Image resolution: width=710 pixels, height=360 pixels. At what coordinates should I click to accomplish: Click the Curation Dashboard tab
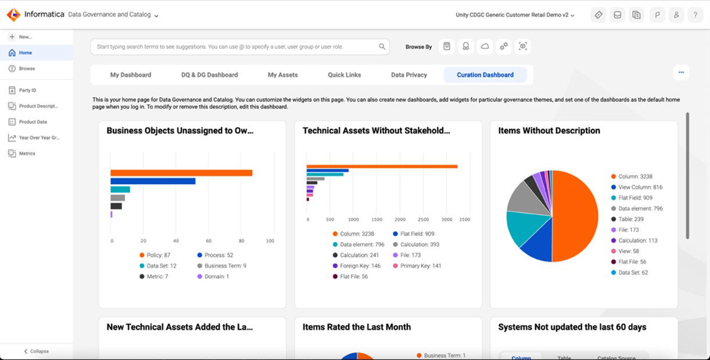pos(485,75)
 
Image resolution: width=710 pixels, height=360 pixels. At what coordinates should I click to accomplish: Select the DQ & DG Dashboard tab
pos(209,75)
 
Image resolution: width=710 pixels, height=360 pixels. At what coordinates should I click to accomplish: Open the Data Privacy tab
pos(408,75)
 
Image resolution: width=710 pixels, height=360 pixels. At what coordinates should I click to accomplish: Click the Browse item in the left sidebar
pos(27,69)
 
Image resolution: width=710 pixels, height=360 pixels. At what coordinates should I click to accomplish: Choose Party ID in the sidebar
pos(27,91)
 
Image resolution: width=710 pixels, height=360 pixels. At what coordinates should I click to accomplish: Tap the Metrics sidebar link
pos(27,153)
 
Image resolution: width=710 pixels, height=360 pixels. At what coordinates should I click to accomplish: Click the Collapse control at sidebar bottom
pos(36,351)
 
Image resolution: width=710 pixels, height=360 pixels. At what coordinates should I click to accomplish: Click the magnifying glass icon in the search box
pos(382,47)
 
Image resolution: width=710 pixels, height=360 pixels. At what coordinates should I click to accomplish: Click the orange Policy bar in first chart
pos(181,173)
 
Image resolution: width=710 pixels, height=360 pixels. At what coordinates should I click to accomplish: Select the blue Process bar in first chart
pos(153,181)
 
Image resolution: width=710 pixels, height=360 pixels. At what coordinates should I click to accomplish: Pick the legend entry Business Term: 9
pos(225,266)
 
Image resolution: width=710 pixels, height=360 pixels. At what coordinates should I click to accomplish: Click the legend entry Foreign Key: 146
pos(360,266)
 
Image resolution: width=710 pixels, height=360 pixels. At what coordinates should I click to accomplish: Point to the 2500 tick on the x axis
pos(424,220)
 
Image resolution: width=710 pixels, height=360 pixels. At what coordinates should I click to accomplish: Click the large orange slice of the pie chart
pos(575,215)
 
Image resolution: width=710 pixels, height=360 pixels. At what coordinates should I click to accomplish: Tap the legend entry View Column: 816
pos(640,187)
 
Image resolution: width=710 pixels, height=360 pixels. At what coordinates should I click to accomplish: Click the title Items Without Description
pos(549,131)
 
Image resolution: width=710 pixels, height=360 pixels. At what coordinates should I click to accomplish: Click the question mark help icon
pos(695,15)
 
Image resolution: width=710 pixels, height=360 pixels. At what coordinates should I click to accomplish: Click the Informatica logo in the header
pos(13,15)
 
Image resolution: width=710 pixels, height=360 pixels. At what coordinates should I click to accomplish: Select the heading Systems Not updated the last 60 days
pos(572,327)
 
